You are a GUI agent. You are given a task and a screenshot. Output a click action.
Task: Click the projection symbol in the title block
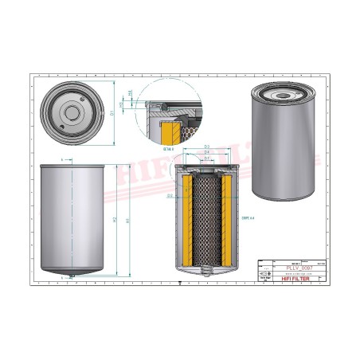[264, 274]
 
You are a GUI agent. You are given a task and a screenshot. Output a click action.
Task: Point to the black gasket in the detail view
[162, 104]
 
